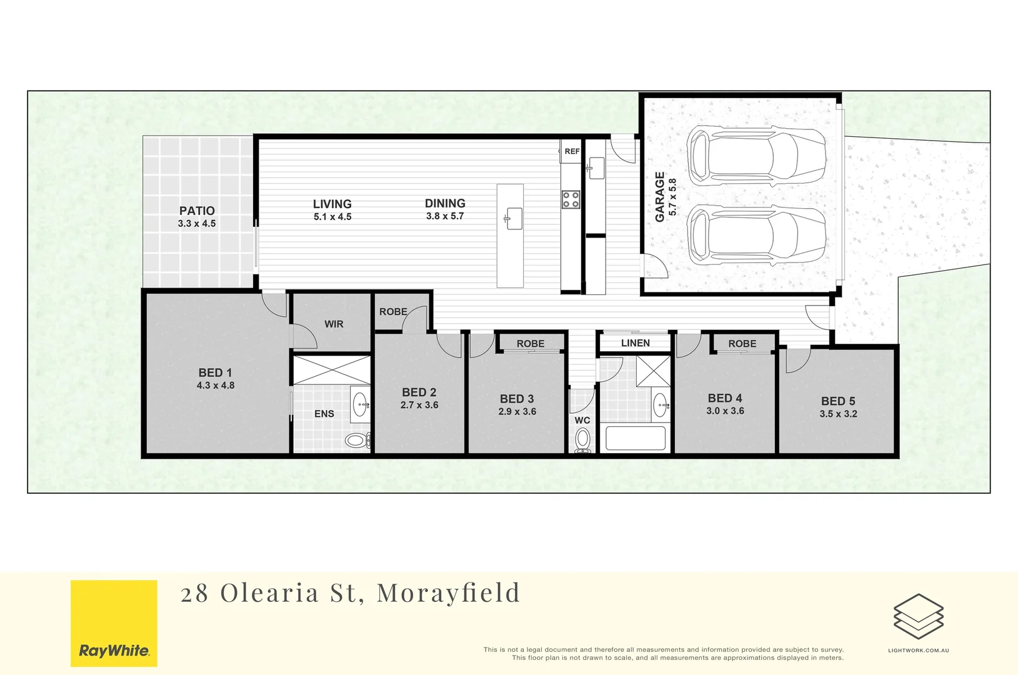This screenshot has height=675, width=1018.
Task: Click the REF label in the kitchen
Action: point(572,151)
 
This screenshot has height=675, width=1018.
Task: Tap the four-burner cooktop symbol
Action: point(571,199)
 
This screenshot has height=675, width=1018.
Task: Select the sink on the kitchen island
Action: point(514,219)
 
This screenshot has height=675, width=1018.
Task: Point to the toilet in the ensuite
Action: point(356,441)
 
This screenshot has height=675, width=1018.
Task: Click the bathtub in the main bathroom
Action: point(635,438)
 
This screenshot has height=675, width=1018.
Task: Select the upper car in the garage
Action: point(756,156)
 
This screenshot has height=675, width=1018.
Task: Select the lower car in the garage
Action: point(756,235)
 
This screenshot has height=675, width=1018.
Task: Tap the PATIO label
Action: point(197,211)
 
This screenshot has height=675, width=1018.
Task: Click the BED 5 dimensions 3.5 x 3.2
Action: point(838,414)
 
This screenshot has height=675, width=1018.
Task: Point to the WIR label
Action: point(334,324)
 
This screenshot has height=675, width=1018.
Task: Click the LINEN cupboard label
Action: point(635,342)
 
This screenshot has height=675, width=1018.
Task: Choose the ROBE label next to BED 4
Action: point(742,344)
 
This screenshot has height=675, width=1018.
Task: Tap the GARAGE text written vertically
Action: point(660,197)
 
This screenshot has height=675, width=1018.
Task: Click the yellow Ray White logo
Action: point(114,623)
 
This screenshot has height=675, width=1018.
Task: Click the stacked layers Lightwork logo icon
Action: point(918,616)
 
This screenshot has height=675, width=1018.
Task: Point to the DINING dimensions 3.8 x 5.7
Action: point(445,216)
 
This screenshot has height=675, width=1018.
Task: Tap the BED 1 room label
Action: point(215,372)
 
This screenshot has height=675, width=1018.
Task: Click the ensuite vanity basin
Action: point(361,405)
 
